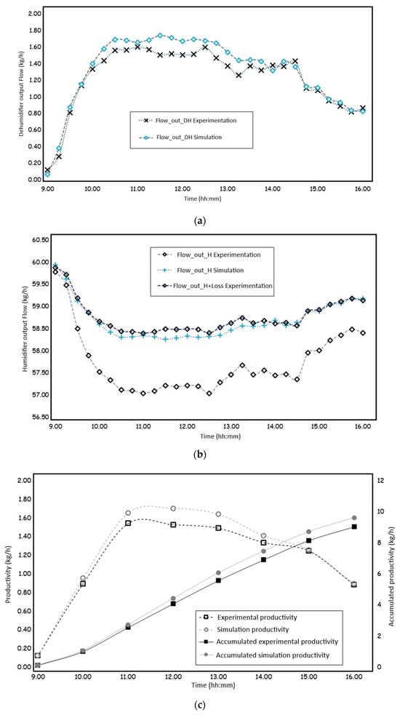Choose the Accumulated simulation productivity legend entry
pyautogui.click(x=264, y=655)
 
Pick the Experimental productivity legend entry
pyautogui.click(x=249, y=617)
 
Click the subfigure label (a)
pyautogui.click(x=200, y=221)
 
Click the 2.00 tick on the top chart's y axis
pyautogui.click(x=35, y=14)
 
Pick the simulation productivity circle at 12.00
pyautogui.click(x=173, y=508)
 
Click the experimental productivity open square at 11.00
pyautogui.click(x=128, y=523)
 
